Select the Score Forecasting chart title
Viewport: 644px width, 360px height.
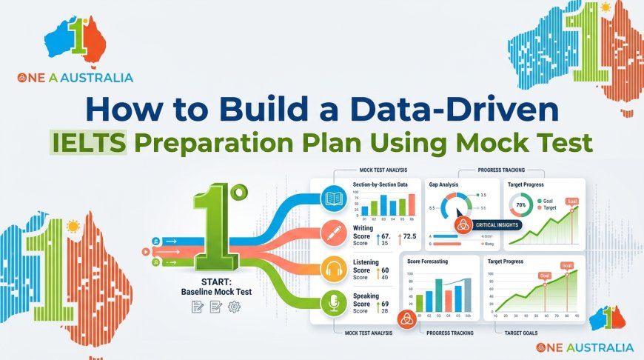[x=432, y=261]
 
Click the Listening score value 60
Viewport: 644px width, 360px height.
[x=385, y=270]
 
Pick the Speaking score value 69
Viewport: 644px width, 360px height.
[x=385, y=304]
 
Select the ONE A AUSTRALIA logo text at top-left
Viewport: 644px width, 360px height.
[x=74, y=77]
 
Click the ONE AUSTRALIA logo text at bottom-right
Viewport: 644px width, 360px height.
[x=585, y=347]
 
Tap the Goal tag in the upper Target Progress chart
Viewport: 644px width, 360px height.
[x=571, y=201]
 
